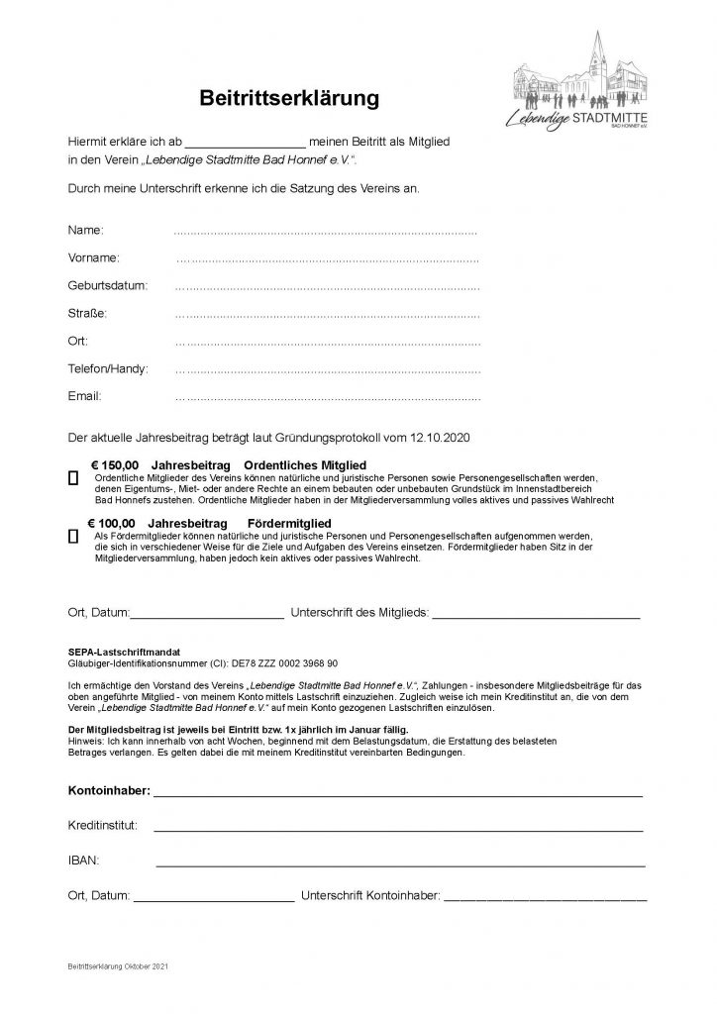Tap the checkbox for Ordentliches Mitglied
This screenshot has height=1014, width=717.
(73, 478)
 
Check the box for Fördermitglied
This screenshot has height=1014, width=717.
(73, 536)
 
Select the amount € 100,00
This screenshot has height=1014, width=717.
(111, 521)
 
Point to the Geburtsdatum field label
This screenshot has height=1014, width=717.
(107, 285)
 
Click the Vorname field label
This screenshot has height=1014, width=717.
(94, 257)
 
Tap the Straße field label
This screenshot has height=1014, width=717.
(87, 313)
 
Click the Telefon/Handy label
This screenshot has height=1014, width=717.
(108, 368)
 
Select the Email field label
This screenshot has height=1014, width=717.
(84, 396)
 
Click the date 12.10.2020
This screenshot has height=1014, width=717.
(450, 436)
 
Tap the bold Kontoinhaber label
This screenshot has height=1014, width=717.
(109, 792)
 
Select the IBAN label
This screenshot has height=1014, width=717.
(84, 861)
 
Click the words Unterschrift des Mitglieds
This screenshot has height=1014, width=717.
(358, 614)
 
